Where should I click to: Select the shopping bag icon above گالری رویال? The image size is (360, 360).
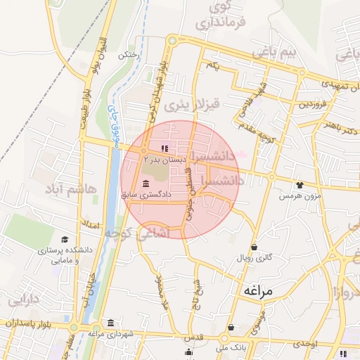(x=253, y=247)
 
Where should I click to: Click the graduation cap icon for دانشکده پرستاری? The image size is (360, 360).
(x=65, y=240)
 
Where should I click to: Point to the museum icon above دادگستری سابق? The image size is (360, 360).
(x=146, y=184)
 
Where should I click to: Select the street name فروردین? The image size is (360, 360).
(x=312, y=104)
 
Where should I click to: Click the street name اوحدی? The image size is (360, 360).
(x=307, y=342)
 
